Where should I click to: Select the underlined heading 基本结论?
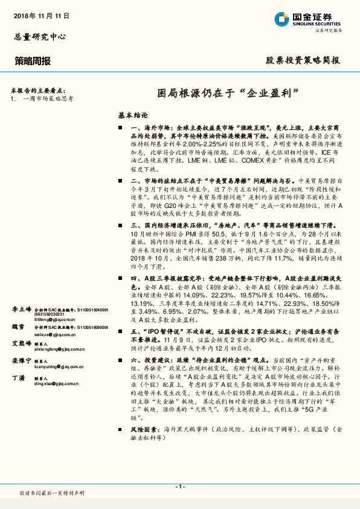(133, 114)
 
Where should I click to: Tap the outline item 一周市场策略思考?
(47, 98)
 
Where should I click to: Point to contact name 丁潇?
(18, 377)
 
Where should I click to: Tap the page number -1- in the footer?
(179, 487)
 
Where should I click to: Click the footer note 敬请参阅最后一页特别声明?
(52, 493)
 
